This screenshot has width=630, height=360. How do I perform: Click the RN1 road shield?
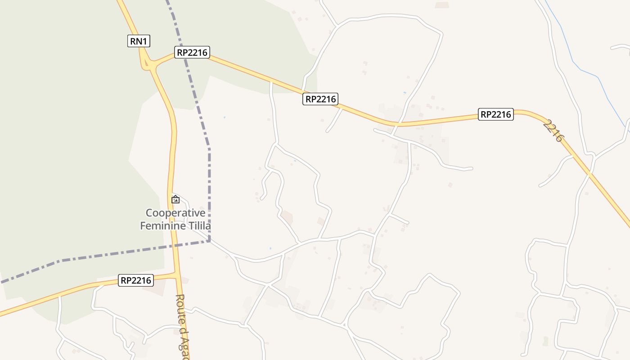pyautogui.click(x=139, y=41)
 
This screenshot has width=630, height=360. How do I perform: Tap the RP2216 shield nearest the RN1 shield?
pyautogui.click(x=193, y=53)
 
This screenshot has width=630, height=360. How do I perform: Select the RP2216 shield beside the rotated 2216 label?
pyautogui.click(x=495, y=114)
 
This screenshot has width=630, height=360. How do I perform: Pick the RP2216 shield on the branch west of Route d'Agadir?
pyautogui.click(x=136, y=280)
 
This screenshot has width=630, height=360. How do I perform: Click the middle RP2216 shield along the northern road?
pyautogui.click(x=320, y=99)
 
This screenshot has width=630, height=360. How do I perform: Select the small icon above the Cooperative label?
pyautogui.click(x=175, y=199)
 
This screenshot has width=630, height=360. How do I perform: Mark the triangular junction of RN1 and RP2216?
pyautogui.click(x=148, y=63)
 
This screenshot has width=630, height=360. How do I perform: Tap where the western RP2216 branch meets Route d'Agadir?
pyautogui.click(x=177, y=274)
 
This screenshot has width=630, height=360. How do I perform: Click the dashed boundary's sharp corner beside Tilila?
pyautogui.click(x=209, y=241)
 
